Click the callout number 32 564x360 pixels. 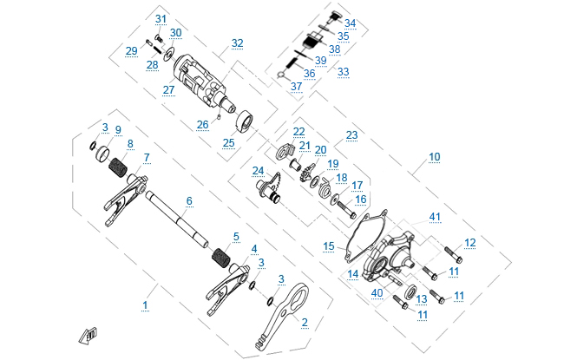237,43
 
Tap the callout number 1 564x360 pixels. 145,304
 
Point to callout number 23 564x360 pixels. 351,135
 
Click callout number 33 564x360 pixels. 343,72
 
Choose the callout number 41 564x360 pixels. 435,216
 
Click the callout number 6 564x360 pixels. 189,200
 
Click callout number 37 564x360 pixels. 297,87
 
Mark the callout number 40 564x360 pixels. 377,292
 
